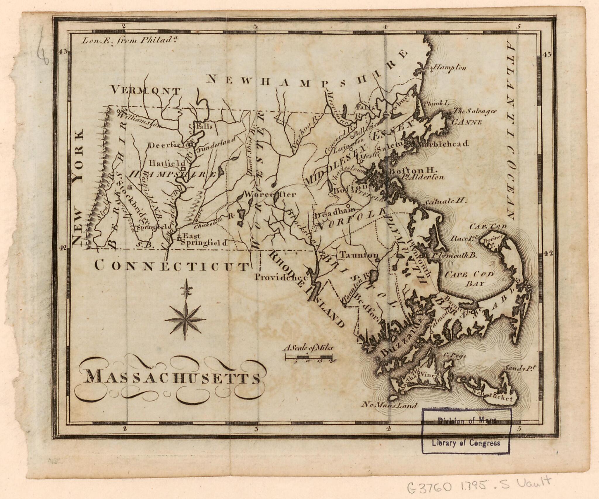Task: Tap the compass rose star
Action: (185, 319)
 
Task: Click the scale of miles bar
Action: (309, 357)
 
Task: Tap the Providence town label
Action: (280, 277)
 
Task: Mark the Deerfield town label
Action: (169, 145)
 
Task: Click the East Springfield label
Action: (204, 239)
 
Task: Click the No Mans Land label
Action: (390, 406)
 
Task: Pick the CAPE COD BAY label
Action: (469, 278)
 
